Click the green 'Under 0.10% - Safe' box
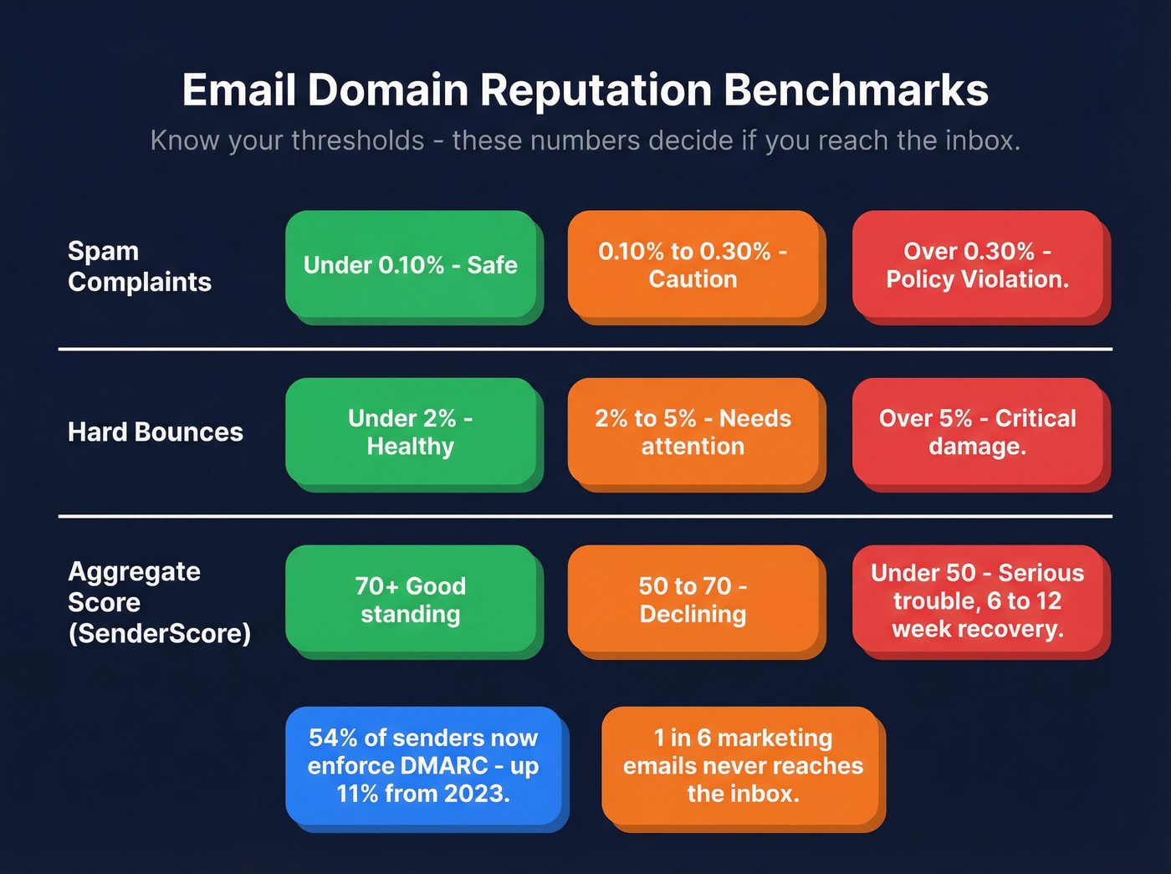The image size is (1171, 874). [x=410, y=265]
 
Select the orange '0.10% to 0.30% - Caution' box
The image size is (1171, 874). [x=693, y=265]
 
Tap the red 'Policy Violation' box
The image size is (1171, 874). [x=977, y=265]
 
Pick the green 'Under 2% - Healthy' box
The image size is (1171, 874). [x=410, y=432]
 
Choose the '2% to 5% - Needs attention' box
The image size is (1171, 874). [x=693, y=432]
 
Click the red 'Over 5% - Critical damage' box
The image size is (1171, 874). [x=977, y=432]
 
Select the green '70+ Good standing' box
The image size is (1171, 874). [x=410, y=600]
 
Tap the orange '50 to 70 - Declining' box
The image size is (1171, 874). [x=693, y=600]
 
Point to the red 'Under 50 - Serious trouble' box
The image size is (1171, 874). [x=977, y=600]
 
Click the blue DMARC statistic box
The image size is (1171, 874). [x=423, y=766]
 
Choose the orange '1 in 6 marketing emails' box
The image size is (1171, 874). [x=743, y=766]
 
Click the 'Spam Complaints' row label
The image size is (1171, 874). [x=139, y=266]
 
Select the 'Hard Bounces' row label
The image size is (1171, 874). [x=156, y=432]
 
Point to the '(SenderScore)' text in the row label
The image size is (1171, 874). [x=160, y=633]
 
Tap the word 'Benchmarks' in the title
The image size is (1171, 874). [x=856, y=90]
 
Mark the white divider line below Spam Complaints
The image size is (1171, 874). [x=585, y=349]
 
